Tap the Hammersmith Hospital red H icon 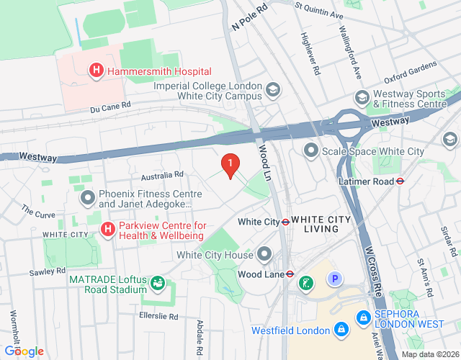pyautogui.click(x=95, y=71)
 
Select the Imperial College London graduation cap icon pyautogui.click(x=273, y=90)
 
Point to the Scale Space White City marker pyautogui.click(x=311, y=150)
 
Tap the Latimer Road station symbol pyautogui.click(x=400, y=181)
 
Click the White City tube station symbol pyautogui.click(x=285, y=222)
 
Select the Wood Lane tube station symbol pyautogui.click(x=288, y=273)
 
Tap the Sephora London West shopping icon pyautogui.click(x=362, y=317)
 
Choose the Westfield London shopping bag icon pyautogui.click(x=341, y=330)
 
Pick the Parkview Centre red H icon pyautogui.click(x=107, y=230)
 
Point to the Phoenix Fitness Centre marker pyautogui.click(x=88, y=197)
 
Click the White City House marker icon pyautogui.click(x=264, y=254)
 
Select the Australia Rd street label pyautogui.click(x=163, y=175)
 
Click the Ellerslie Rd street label pyautogui.click(x=158, y=316)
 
